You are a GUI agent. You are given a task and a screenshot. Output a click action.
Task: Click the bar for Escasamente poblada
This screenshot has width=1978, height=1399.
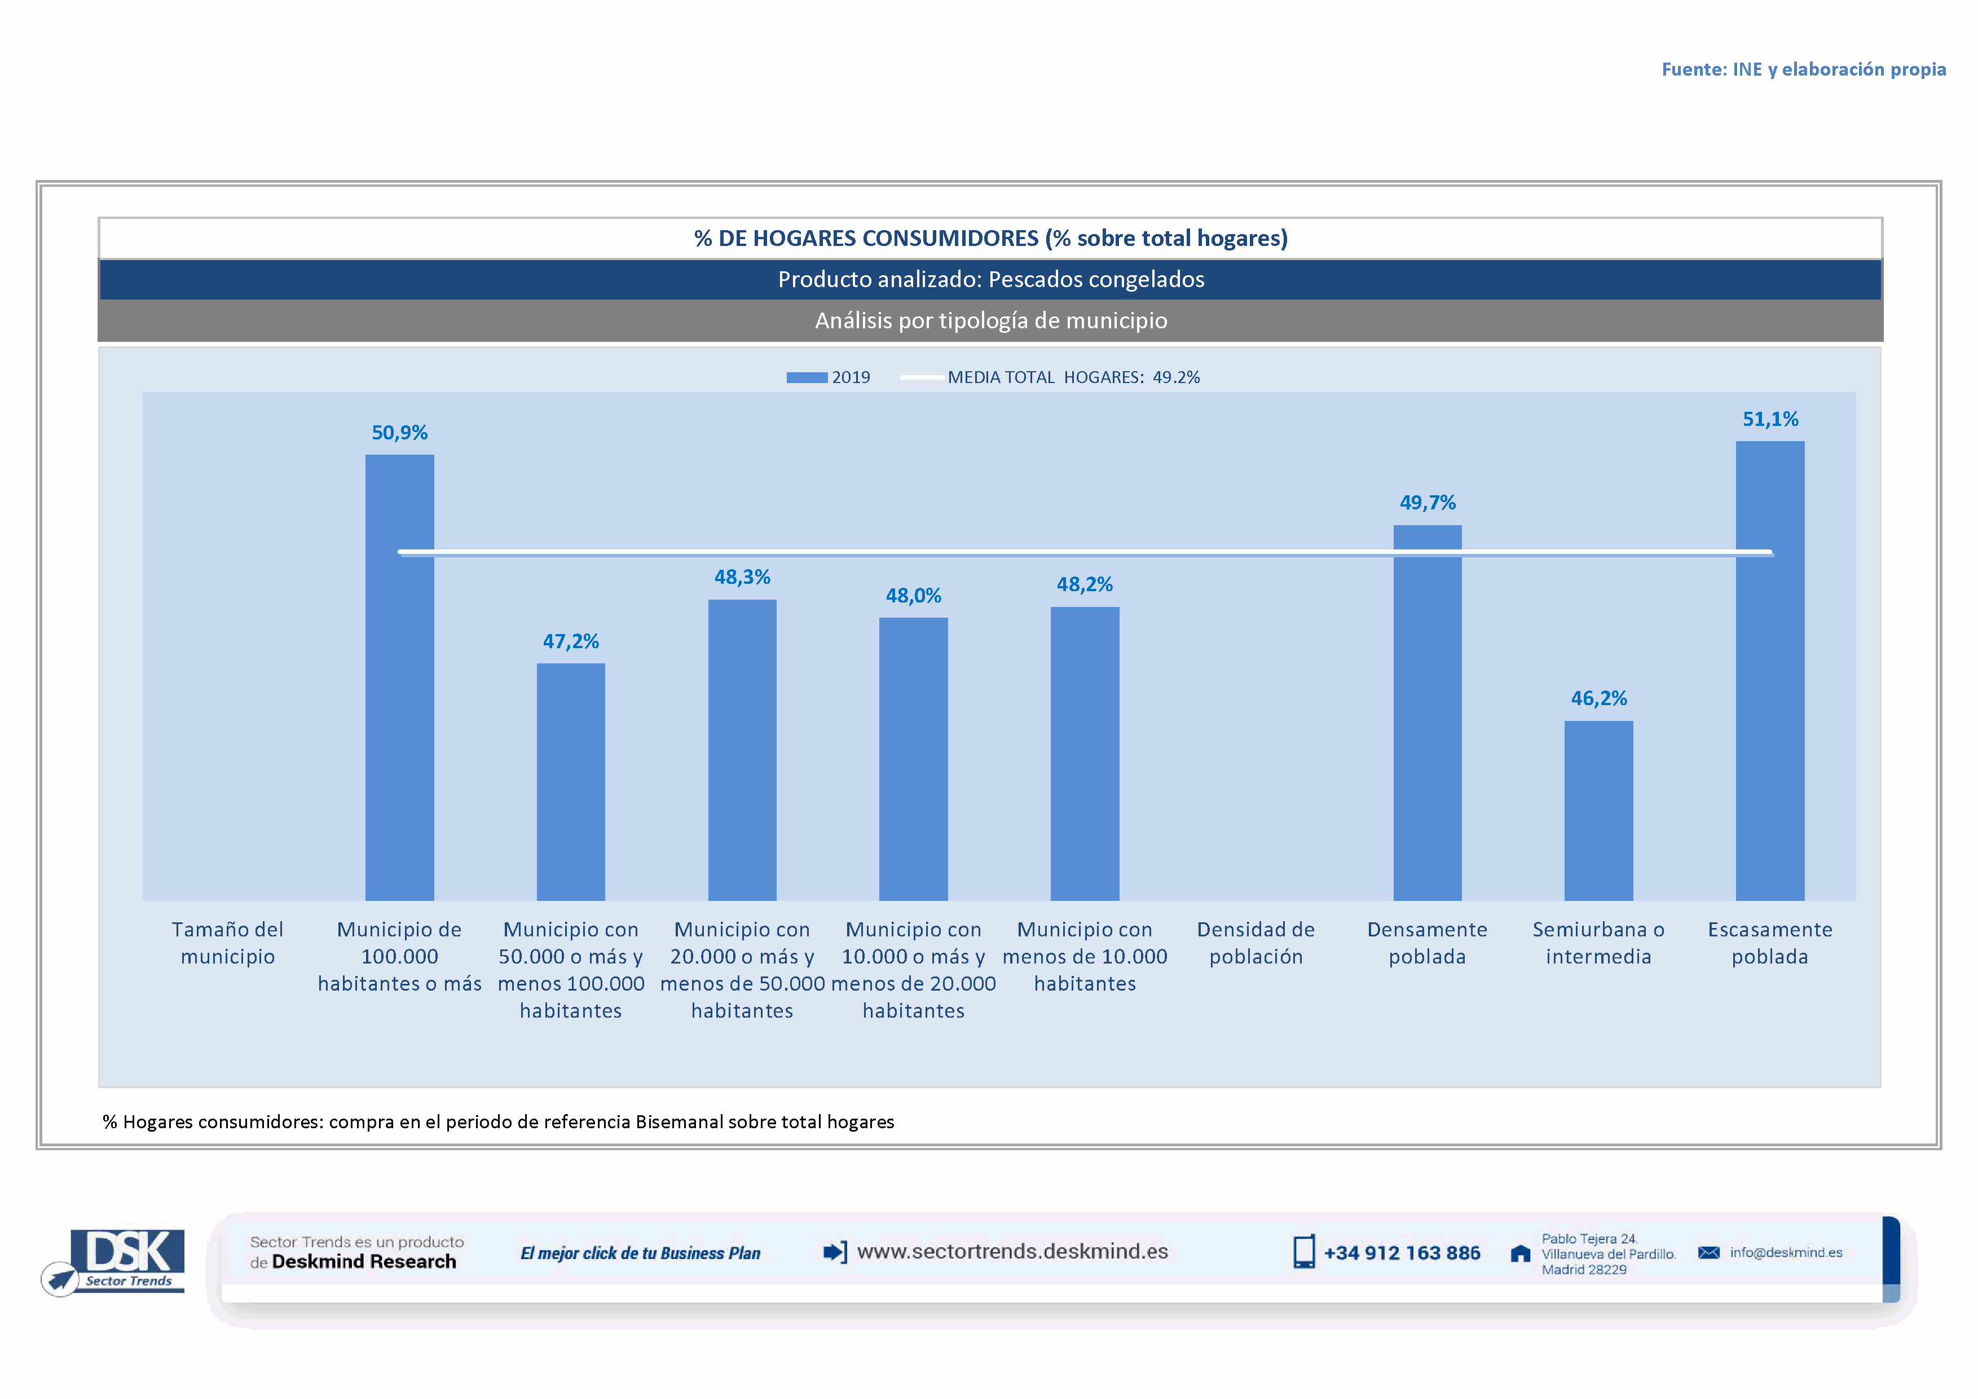click(x=1769, y=672)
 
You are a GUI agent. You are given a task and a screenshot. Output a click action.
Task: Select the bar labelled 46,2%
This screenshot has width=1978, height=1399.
click(x=1598, y=810)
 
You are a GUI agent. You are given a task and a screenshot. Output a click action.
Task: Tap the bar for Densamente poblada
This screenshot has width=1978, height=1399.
click(x=1428, y=713)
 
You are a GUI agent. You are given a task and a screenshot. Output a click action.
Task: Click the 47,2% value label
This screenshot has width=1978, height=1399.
click(x=570, y=642)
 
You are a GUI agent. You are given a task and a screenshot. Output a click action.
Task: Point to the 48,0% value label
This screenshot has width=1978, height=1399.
click(x=913, y=596)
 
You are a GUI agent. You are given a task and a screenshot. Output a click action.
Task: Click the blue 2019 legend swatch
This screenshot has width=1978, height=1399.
click(x=807, y=377)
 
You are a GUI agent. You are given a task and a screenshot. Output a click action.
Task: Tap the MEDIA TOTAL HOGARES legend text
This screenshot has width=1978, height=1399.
click(x=1073, y=377)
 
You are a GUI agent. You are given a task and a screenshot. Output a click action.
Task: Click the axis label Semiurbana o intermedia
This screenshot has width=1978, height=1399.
click(x=1598, y=943)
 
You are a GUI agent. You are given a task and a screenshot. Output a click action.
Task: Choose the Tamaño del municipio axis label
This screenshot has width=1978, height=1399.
click(x=227, y=943)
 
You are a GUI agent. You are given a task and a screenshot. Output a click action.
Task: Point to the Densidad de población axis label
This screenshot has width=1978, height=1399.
click(x=1255, y=943)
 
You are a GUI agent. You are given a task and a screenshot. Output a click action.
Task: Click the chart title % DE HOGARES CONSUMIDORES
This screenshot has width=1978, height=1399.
click(x=991, y=239)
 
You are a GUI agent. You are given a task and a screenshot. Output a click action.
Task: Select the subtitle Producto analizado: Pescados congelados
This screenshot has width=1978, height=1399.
click(x=991, y=280)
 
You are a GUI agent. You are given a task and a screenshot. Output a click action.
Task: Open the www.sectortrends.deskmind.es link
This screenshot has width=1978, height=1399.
click(x=1012, y=1252)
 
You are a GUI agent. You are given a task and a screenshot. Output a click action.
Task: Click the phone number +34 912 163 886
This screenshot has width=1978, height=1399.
click(x=1402, y=1253)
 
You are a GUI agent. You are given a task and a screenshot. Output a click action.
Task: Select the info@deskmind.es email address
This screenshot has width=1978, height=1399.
click(x=1786, y=1252)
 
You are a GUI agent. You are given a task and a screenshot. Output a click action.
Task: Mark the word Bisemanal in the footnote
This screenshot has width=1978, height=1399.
click(x=679, y=1121)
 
